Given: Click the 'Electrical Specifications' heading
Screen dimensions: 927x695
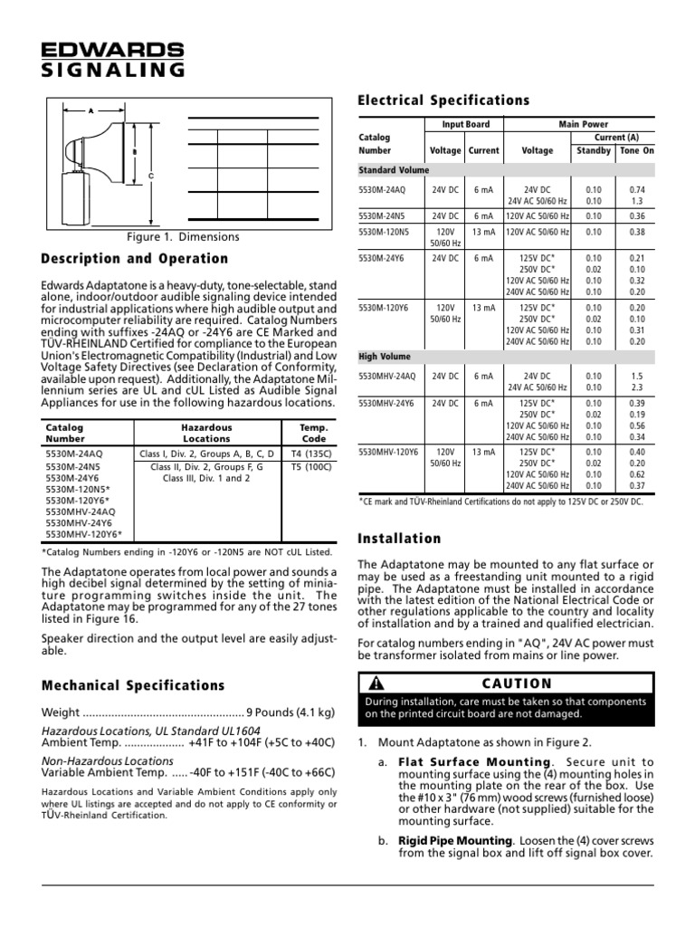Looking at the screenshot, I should click(x=444, y=100).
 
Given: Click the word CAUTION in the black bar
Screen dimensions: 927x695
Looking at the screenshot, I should click(x=517, y=683).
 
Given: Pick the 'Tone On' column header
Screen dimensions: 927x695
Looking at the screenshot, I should click(x=635, y=150).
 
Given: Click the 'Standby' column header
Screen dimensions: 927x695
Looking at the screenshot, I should click(x=594, y=150).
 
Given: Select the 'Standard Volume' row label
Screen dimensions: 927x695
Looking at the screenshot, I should click(x=394, y=169).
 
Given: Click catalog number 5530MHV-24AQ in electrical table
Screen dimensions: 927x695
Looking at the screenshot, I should click(x=388, y=376).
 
